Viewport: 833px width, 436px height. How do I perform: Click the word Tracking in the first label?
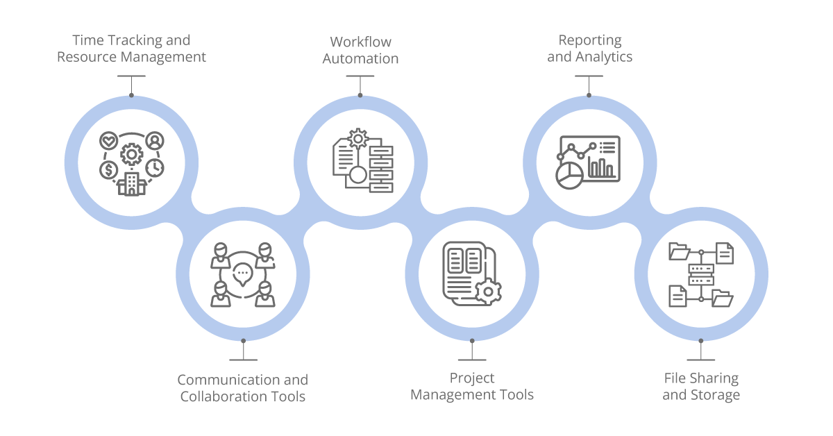(x=131, y=40)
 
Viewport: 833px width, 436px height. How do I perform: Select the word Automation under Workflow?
(x=360, y=58)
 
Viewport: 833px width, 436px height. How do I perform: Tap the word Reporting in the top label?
(x=589, y=40)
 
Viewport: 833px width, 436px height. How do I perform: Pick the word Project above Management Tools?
(x=472, y=378)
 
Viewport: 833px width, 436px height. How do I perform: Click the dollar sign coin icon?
(x=108, y=169)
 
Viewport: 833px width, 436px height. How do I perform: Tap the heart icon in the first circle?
(x=108, y=141)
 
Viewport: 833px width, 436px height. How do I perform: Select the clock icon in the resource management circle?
(x=154, y=168)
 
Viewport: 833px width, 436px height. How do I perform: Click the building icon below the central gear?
(x=131, y=183)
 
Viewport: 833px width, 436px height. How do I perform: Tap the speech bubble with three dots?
(x=242, y=273)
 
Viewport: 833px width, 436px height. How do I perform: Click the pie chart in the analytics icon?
(x=569, y=175)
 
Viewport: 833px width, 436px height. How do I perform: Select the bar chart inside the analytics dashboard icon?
(x=601, y=167)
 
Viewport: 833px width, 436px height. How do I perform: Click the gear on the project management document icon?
(x=488, y=292)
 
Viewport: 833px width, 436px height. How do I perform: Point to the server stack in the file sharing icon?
(x=701, y=273)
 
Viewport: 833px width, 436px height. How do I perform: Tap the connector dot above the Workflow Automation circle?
(x=360, y=96)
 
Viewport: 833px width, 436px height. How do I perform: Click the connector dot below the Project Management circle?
(x=472, y=341)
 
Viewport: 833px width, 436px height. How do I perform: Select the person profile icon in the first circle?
(x=155, y=141)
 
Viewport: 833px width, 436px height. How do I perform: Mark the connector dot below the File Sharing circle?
(x=701, y=341)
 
